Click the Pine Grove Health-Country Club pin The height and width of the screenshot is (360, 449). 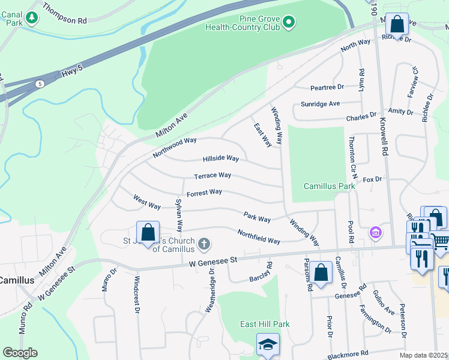click(289, 23)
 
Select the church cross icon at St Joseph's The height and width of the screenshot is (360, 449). click(204, 244)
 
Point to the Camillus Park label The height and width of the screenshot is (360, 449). click(329, 186)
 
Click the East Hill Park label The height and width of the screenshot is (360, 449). click(265, 324)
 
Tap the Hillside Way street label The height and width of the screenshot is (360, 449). click(221, 158)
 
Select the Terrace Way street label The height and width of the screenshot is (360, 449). click(212, 176)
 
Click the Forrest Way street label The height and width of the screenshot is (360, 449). click(204, 193)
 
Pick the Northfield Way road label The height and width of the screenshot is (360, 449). click(259, 236)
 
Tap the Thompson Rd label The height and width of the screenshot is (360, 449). click(65, 20)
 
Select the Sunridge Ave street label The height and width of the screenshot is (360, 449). click(321, 104)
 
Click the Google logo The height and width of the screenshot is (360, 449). click(20, 353)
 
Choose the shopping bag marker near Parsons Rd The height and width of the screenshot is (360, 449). click(321, 271)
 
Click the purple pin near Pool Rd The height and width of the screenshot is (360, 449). click(376, 232)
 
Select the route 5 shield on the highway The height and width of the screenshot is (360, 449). click(40, 83)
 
